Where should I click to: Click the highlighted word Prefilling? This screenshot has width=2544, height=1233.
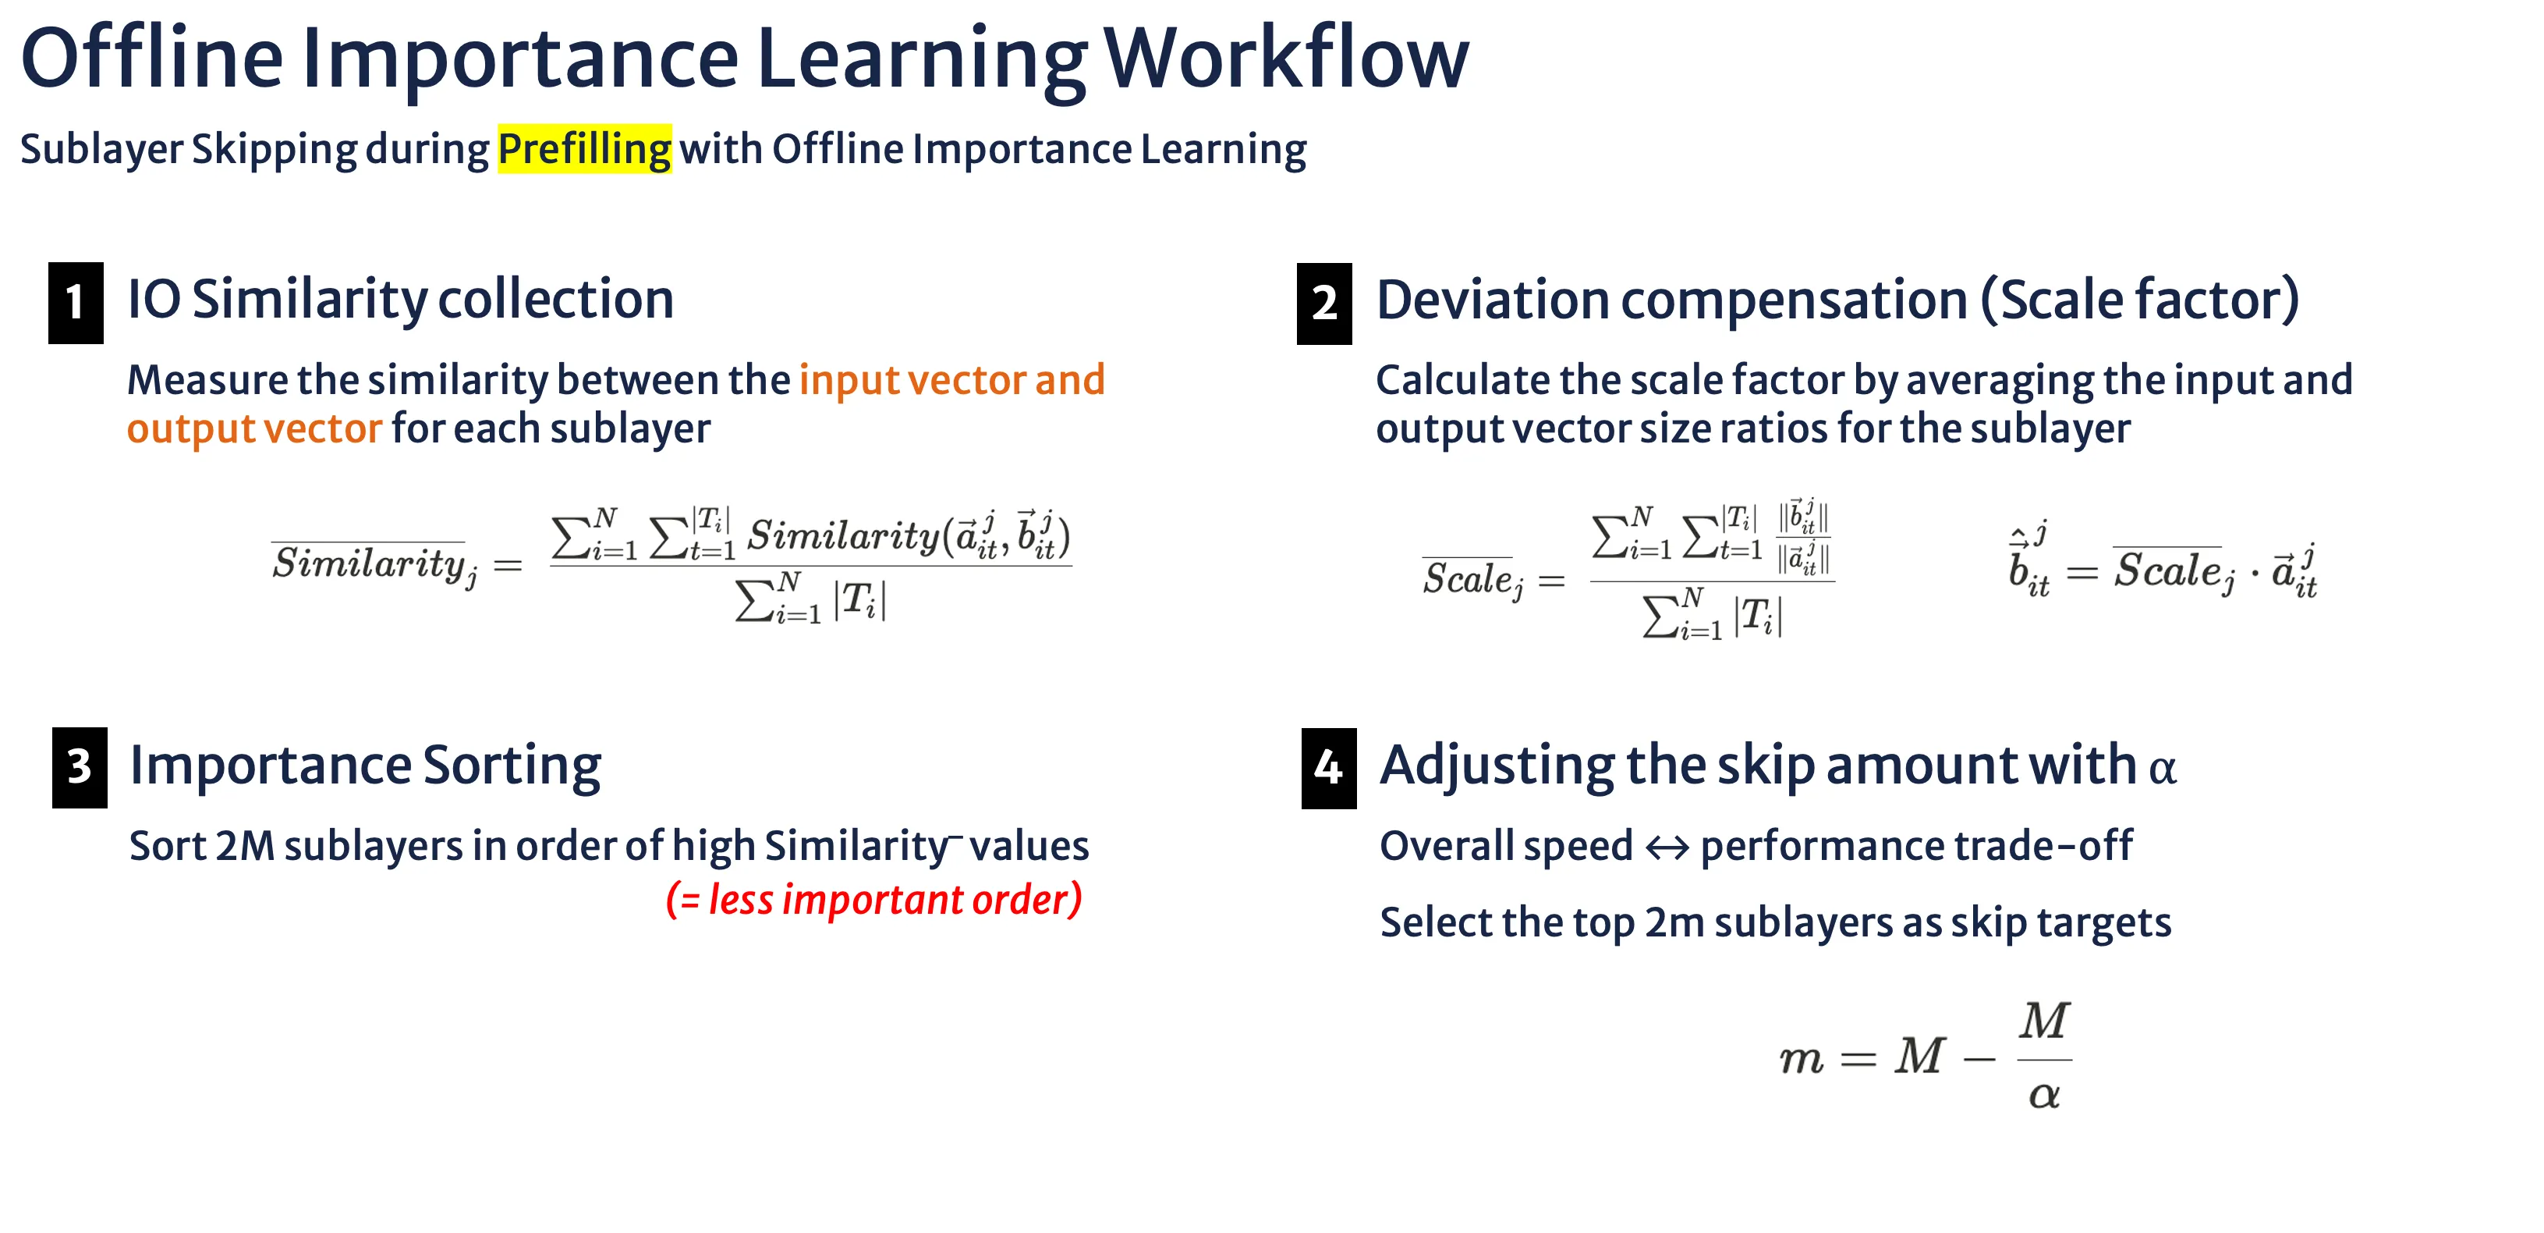tap(585, 149)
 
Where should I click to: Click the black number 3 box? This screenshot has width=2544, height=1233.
tap(80, 768)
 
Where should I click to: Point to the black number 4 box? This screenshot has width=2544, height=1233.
tap(1329, 768)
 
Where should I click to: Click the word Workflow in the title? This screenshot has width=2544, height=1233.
tap(1286, 59)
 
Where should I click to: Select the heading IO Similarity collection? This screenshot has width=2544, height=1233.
tap(401, 300)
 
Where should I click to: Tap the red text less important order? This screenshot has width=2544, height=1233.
tap(875, 899)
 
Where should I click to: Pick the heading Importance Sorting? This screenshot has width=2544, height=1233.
tap(366, 766)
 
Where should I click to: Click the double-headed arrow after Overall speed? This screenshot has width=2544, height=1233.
tap(1667, 847)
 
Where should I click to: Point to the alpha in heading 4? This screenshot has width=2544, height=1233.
tap(2163, 769)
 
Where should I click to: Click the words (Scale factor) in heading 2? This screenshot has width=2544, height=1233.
tap(2140, 300)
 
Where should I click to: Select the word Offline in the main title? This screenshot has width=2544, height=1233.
tap(152, 59)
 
